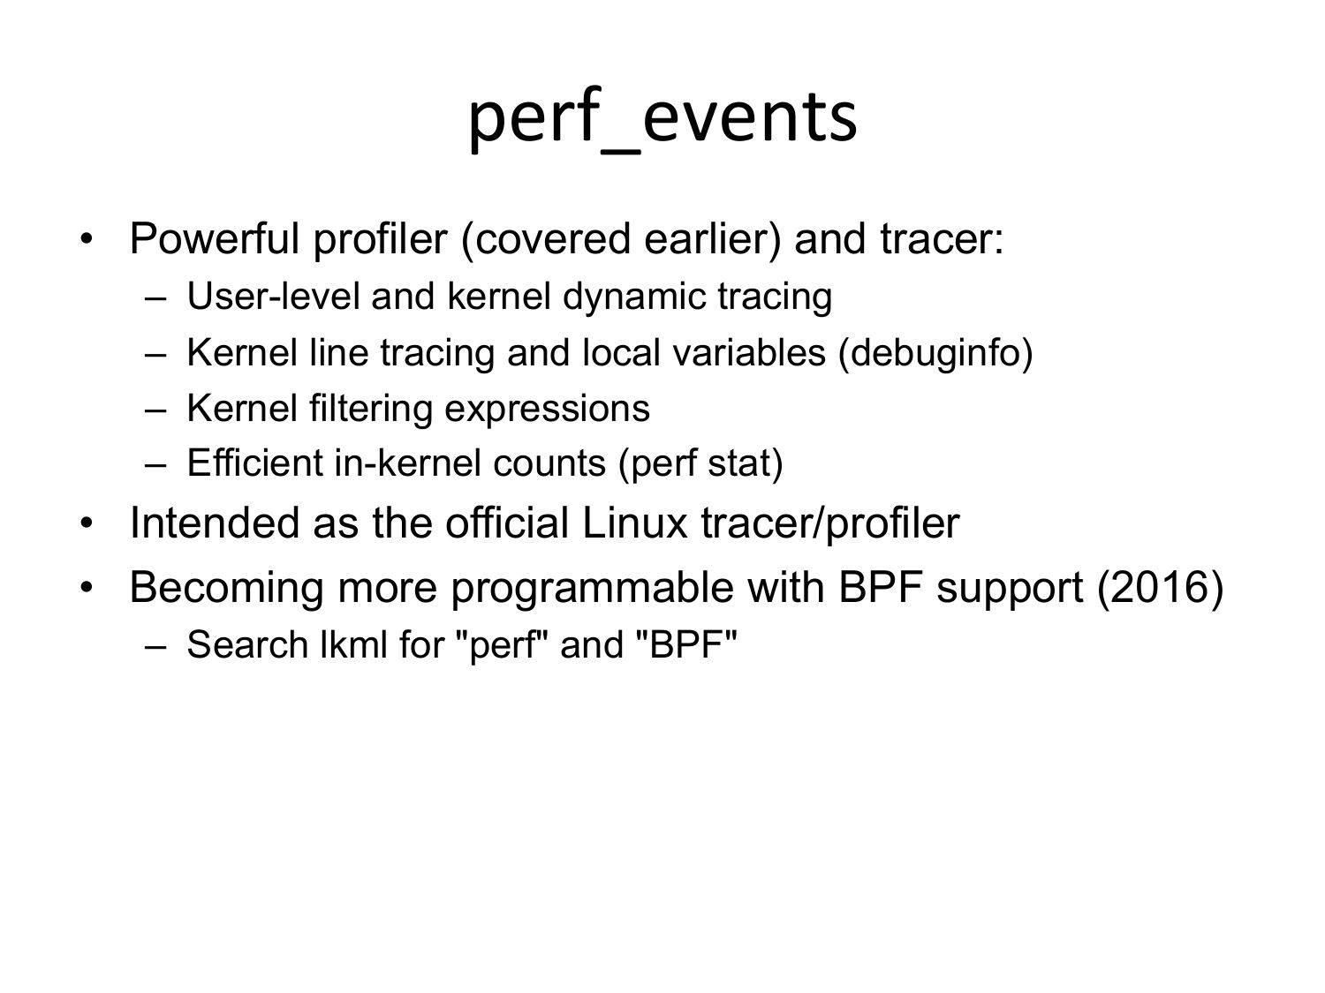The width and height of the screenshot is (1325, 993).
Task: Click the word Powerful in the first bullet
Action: click(x=215, y=238)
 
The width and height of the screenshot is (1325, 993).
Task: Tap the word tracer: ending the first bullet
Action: click(x=942, y=240)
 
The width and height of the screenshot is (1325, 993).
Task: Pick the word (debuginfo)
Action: click(x=935, y=353)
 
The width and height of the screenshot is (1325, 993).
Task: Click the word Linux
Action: click(x=634, y=523)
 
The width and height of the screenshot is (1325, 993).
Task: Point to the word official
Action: click(x=507, y=523)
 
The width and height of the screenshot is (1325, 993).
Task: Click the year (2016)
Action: click(x=1160, y=588)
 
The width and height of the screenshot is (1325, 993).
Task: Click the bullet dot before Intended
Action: click(x=87, y=523)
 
